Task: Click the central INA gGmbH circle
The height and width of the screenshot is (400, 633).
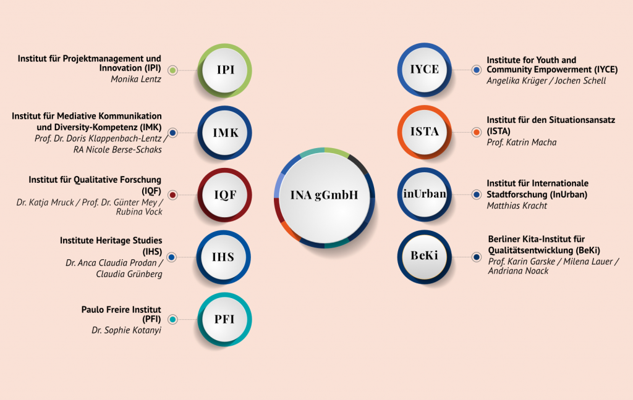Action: click(325, 198)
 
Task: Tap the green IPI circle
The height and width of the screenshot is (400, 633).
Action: click(224, 70)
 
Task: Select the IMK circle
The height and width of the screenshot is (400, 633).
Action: click(224, 133)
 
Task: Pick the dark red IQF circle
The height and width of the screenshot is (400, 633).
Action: click(224, 195)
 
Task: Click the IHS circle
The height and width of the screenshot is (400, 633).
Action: click(224, 257)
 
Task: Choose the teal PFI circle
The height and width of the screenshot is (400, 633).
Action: click(224, 319)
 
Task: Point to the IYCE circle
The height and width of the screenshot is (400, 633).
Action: click(424, 70)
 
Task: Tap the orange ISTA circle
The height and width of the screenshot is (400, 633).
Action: click(424, 132)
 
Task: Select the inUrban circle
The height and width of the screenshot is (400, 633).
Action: click(424, 194)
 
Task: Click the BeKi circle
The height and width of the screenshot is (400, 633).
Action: click(424, 257)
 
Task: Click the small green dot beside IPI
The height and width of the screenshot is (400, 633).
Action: click(172, 70)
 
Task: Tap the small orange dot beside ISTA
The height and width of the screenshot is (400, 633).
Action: click(477, 132)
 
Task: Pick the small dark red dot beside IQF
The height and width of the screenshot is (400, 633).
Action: click(172, 195)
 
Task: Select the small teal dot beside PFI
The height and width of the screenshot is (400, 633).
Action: click(172, 319)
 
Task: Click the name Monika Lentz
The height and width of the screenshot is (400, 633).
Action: click(135, 79)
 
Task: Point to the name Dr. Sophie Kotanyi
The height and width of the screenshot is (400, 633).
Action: click(126, 330)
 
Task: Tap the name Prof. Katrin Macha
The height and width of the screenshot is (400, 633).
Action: click(522, 143)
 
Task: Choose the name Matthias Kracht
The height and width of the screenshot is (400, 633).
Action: click(517, 206)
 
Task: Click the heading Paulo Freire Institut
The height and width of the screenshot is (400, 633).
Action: click(121, 310)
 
